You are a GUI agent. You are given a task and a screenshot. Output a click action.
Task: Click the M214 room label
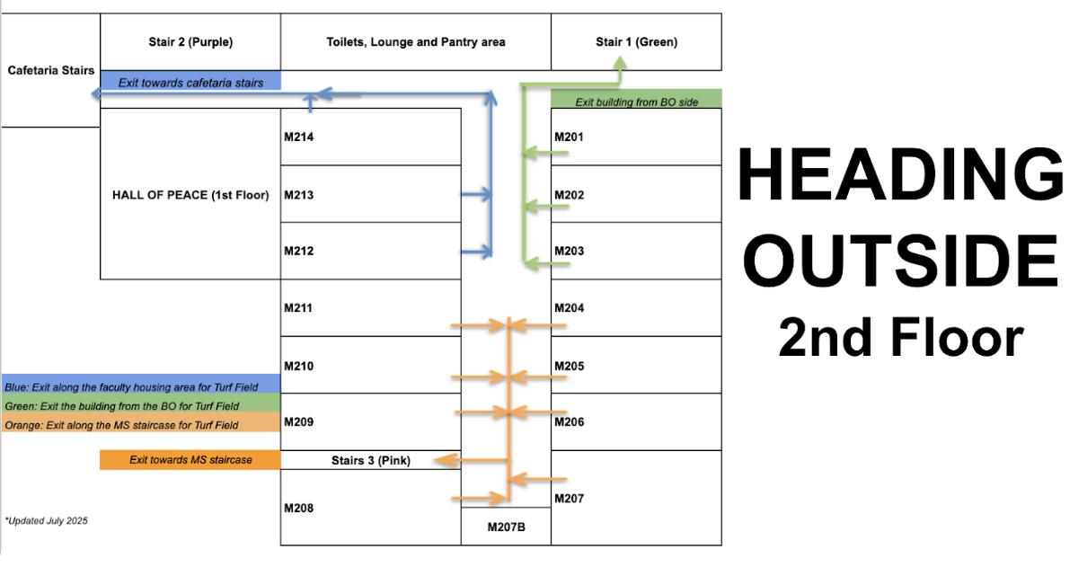click(x=299, y=137)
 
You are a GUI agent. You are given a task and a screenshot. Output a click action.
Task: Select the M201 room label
click(x=569, y=137)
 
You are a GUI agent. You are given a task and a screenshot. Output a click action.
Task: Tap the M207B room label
click(x=506, y=527)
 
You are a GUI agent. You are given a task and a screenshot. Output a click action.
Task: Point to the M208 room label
click(x=299, y=509)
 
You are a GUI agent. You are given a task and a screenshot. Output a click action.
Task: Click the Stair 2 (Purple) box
click(x=190, y=42)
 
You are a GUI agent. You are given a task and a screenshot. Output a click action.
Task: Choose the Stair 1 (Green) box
click(x=636, y=42)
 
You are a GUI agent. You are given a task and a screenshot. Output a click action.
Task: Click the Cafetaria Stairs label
click(x=50, y=71)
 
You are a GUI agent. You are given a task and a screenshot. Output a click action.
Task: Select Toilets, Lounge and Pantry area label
click(x=416, y=42)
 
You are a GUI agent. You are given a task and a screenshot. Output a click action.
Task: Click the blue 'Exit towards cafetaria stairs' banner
click(x=190, y=82)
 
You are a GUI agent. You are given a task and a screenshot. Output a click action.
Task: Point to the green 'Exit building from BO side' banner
click(x=636, y=102)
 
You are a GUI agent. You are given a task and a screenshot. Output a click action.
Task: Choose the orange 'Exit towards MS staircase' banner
click(x=190, y=460)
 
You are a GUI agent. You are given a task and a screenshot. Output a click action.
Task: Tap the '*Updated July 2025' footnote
click(x=47, y=520)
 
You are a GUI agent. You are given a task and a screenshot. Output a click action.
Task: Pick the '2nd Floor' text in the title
click(x=901, y=336)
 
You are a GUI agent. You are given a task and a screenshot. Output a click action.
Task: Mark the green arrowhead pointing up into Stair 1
click(x=620, y=62)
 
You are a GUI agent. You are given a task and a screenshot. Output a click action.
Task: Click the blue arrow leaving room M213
click(x=476, y=194)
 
